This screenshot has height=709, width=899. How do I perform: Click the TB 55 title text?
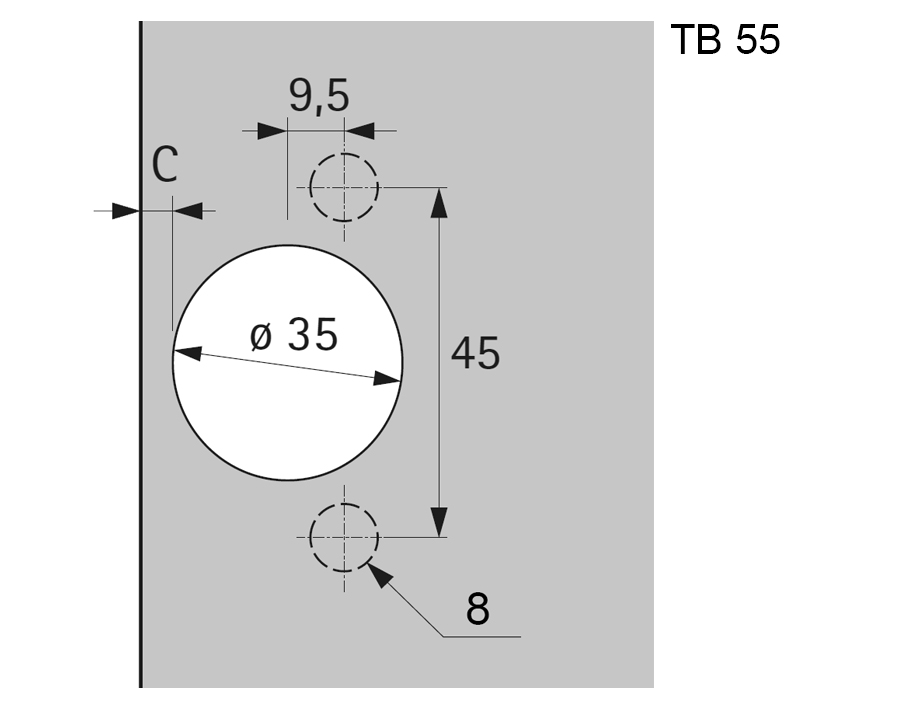click(x=724, y=41)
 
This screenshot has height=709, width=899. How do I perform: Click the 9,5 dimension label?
click(x=319, y=96)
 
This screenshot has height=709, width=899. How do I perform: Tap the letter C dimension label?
click(x=165, y=165)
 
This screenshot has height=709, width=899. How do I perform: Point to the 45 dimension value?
click(x=475, y=354)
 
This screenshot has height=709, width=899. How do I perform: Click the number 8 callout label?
click(x=478, y=608)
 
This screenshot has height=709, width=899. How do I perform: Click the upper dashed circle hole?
click(x=344, y=187)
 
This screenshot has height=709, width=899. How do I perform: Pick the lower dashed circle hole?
click(x=344, y=537)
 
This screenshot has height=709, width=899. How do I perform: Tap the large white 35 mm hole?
click(x=288, y=420)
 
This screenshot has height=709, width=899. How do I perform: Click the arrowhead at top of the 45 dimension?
click(x=438, y=200)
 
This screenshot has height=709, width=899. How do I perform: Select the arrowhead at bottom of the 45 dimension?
click(x=438, y=523)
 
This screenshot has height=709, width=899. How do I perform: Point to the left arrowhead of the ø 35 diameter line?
click(x=187, y=352)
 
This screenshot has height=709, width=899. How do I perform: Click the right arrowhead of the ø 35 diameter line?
click(x=388, y=378)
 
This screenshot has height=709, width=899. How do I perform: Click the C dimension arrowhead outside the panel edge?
click(x=125, y=211)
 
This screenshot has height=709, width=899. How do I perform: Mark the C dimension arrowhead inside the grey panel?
click(x=188, y=211)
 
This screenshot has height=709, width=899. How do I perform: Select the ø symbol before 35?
click(x=260, y=336)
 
